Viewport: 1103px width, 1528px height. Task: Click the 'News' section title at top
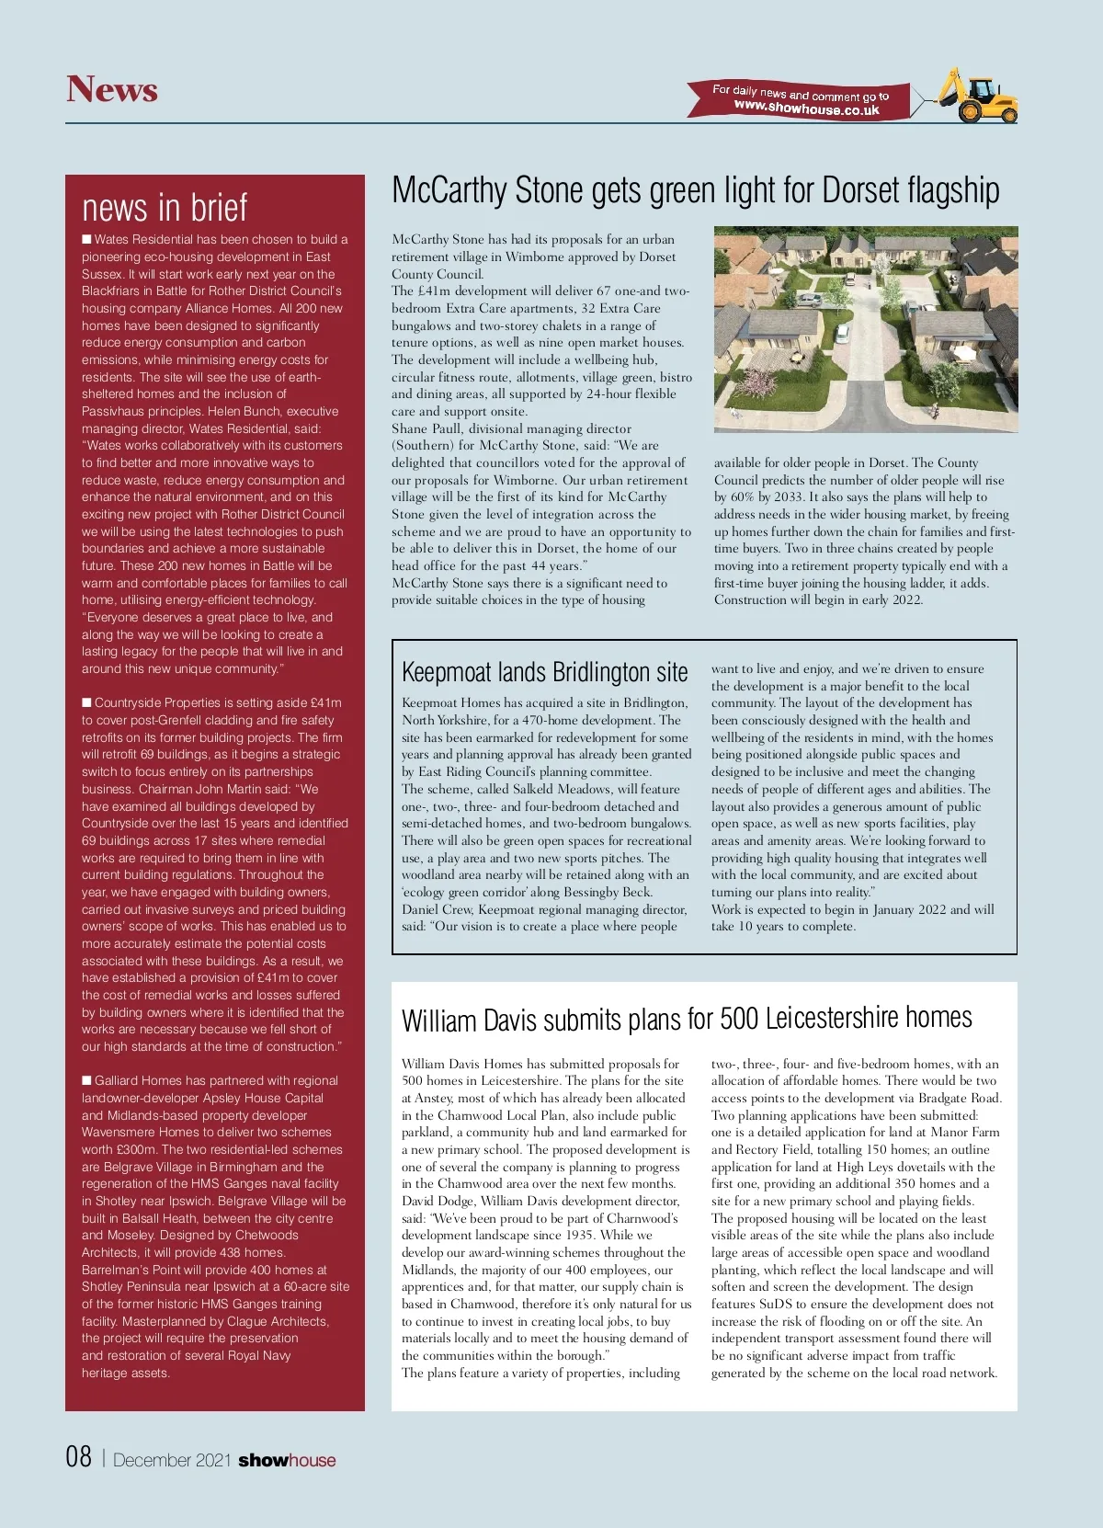pos(112,90)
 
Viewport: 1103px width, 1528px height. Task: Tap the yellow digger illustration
pos(980,95)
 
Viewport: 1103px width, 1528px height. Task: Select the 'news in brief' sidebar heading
pos(165,208)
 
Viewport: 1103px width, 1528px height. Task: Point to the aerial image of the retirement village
pos(866,329)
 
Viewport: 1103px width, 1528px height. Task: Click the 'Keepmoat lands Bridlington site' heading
pos(544,672)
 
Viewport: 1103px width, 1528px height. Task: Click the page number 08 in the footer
pos(79,1457)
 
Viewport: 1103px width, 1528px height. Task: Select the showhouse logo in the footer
pos(287,1460)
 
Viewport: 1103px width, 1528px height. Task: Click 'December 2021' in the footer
pos(172,1460)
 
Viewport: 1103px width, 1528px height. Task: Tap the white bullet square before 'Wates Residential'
pos(86,240)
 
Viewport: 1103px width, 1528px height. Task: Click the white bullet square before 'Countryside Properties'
pos(86,703)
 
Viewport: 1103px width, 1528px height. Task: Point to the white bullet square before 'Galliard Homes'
pos(86,1081)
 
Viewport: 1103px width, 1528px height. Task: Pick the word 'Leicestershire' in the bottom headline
pos(831,1019)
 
